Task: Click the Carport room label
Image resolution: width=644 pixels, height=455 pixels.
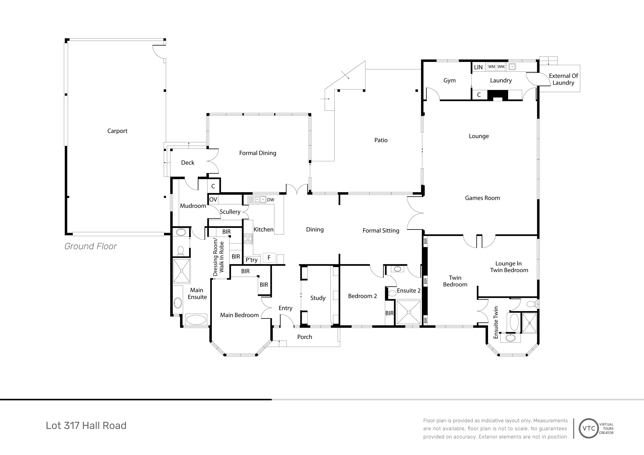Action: [x=117, y=131]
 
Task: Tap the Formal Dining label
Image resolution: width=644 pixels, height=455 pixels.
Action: [x=257, y=153]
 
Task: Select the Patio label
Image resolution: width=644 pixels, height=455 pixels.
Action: [x=381, y=140]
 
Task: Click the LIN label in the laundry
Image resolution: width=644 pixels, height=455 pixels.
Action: [x=478, y=67]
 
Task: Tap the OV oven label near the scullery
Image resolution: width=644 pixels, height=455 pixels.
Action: [x=213, y=200]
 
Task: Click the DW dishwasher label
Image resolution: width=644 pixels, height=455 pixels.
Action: [x=271, y=200]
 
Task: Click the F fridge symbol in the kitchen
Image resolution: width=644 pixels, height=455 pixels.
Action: [x=269, y=258]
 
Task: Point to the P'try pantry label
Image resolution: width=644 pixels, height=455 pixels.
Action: [x=252, y=260]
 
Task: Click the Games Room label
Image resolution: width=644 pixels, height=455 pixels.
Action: [x=482, y=198]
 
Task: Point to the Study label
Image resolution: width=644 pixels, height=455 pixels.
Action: [x=318, y=298]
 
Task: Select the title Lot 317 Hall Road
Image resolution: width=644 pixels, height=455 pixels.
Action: [x=86, y=425]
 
